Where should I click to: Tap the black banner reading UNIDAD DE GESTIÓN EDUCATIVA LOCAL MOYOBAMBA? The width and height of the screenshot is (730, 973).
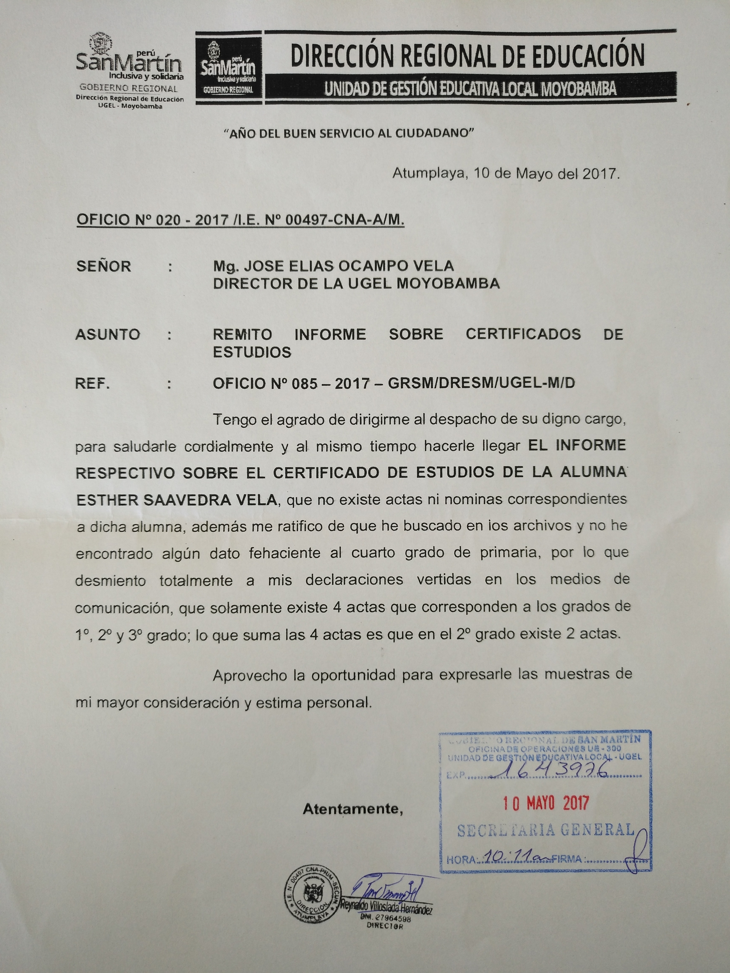(470, 90)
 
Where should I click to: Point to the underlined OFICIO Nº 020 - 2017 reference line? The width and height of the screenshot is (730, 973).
(240, 220)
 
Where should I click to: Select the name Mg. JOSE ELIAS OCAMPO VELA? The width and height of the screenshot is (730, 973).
(333, 266)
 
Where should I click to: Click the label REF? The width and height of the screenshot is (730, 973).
(92, 384)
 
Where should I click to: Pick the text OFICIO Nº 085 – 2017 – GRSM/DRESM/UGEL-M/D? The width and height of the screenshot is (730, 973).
(394, 384)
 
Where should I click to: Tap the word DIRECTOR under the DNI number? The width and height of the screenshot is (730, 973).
(385, 926)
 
